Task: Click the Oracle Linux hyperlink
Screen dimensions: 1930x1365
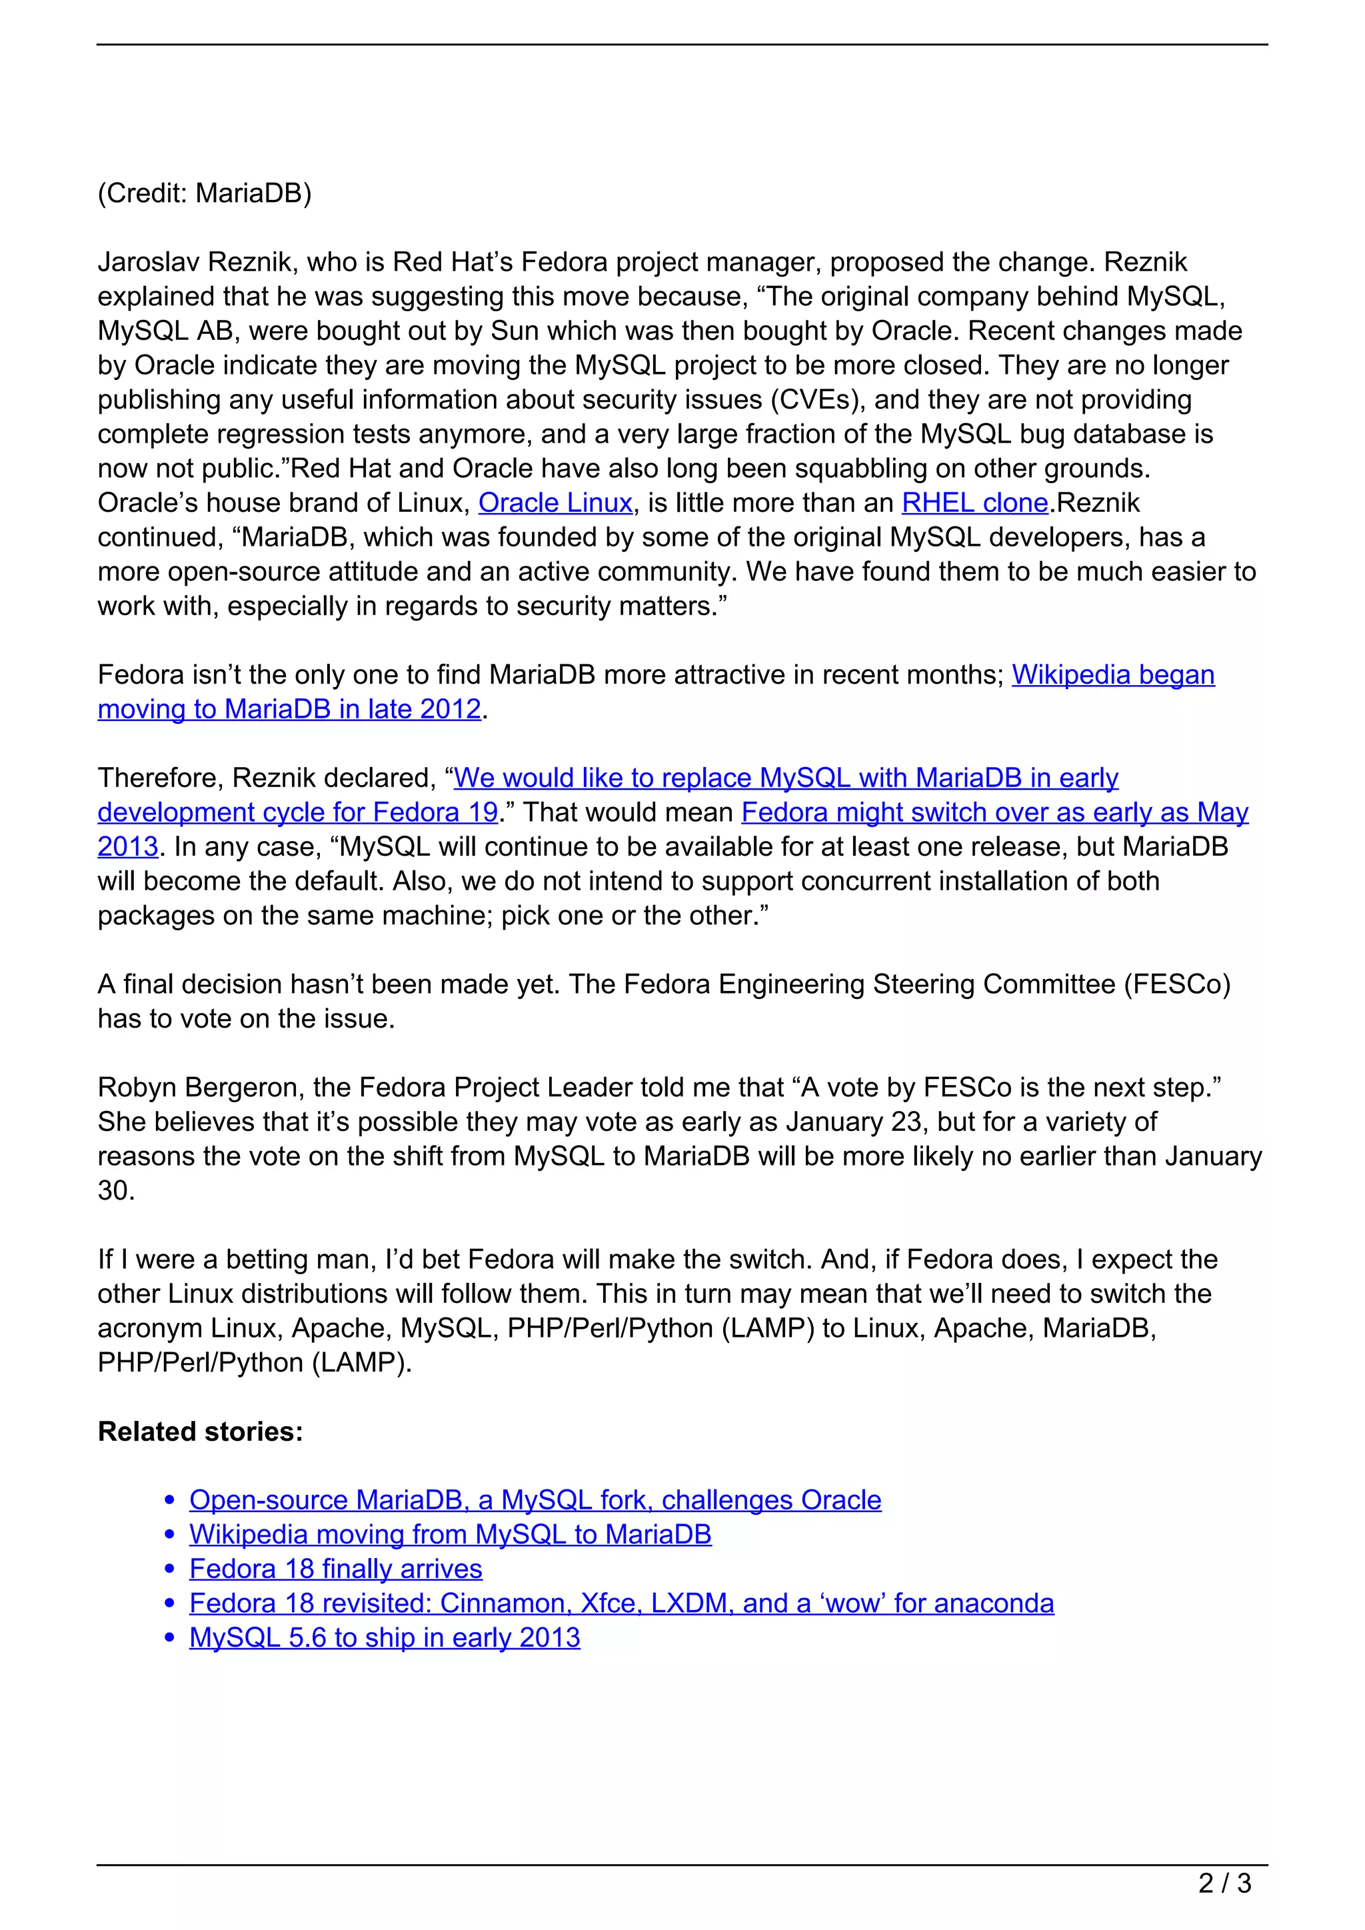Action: click(555, 502)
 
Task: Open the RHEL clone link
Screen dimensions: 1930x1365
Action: click(974, 502)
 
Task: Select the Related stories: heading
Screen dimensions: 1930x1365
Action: click(200, 1431)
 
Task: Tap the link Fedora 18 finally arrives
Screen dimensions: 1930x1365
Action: click(335, 1569)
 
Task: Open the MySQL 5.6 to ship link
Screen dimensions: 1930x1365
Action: click(384, 1637)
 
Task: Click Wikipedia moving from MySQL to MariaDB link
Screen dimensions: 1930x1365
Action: click(450, 1534)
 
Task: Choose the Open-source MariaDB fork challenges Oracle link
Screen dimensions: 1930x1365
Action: click(535, 1499)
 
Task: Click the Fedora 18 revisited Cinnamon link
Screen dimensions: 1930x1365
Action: click(621, 1603)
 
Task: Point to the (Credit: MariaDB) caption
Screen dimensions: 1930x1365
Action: click(204, 193)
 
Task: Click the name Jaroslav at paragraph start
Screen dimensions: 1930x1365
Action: click(148, 263)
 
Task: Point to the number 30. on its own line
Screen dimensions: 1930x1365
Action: click(116, 1190)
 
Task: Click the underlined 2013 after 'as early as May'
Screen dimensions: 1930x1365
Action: click(128, 846)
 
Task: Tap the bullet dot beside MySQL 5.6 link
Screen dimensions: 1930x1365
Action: click(170, 1637)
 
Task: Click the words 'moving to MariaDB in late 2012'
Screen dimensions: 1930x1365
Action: click(289, 710)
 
